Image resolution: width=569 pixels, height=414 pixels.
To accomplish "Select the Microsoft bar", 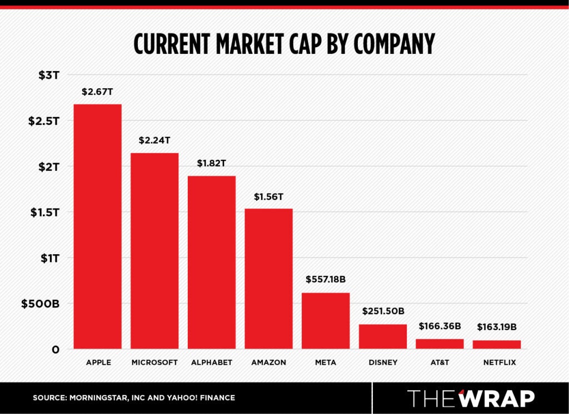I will [x=154, y=251].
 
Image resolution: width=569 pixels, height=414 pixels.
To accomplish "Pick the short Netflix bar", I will [x=497, y=345].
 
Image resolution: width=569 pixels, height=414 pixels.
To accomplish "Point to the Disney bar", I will [x=383, y=336].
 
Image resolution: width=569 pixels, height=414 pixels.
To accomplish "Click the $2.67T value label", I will [x=97, y=92].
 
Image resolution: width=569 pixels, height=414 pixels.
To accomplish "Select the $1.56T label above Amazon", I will [x=268, y=196].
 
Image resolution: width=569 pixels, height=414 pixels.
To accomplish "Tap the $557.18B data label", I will [x=326, y=280].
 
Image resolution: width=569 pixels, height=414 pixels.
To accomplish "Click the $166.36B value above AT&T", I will [x=440, y=326].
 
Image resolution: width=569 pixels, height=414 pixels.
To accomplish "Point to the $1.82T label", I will [x=212, y=164].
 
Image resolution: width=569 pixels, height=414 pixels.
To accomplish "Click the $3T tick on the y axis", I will [x=49, y=75].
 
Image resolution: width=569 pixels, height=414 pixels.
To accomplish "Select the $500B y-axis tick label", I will [x=40, y=304].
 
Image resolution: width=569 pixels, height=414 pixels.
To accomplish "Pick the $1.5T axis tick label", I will [x=44, y=212].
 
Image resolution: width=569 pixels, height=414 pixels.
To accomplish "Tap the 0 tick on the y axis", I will [x=56, y=350].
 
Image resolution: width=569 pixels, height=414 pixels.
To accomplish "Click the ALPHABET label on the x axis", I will [x=212, y=363].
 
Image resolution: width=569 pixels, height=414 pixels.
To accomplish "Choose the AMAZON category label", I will [x=268, y=363].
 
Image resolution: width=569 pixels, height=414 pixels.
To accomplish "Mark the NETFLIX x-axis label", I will [x=497, y=363].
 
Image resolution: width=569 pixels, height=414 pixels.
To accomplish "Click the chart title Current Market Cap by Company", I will [x=284, y=44].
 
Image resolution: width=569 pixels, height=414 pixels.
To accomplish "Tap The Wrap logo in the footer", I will [x=471, y=398].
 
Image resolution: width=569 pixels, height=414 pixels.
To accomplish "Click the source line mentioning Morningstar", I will [x=134, y=398].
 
